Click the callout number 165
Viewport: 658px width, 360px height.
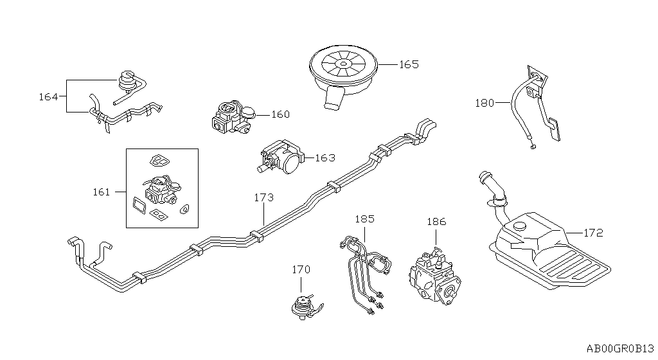click(x=409, y=65)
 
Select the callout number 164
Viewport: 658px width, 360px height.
click(x=48, y=97)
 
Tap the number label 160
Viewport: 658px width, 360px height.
click(x=280, y=115)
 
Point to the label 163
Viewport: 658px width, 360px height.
click(x=325, y=157)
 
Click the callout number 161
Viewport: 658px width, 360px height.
click(x=102, y=192)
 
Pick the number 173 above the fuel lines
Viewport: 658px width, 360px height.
click(x=264, y=197)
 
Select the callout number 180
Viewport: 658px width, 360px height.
click(x=485, y=103)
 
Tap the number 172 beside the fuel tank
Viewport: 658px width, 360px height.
click(x=593, y=233)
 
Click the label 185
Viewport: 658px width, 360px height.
click(x=364, y=219)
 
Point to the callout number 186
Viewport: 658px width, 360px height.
click(x=436, y=222)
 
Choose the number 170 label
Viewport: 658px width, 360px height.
click(x=302, y=269)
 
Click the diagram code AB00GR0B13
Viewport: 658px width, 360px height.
click(x=619, y=348)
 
